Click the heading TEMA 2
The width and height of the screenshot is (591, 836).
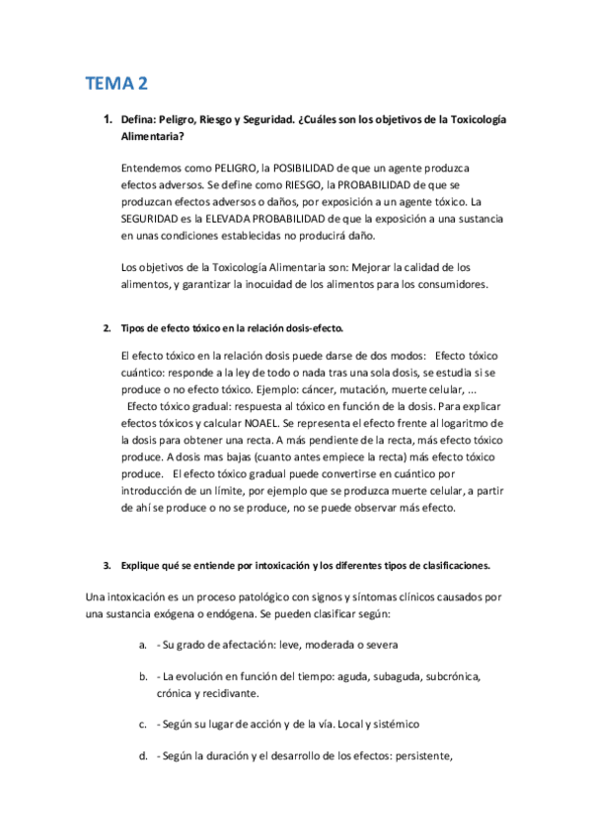[116, 84]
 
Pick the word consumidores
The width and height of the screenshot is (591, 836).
[443, 284]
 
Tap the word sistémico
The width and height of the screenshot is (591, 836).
[390, 725]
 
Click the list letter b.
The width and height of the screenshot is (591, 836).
[144, 677]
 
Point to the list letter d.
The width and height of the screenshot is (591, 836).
[144, 756]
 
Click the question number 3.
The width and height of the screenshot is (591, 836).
[107, 567]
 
